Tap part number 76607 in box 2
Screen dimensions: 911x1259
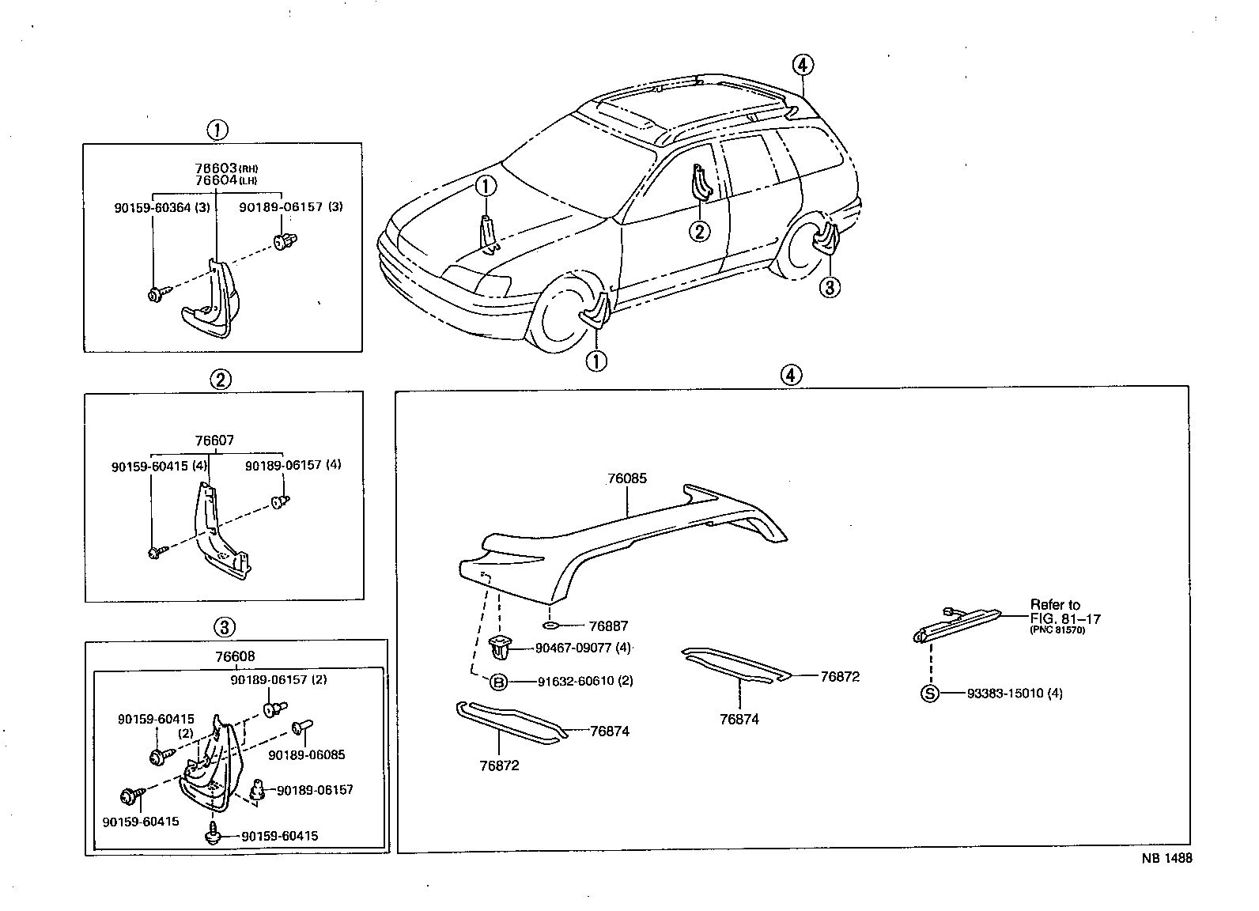point(214,440)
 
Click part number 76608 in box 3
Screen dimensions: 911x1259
point(235,656)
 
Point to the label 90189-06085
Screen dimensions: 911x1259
point(306,754)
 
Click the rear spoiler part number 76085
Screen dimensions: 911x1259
point(627,478)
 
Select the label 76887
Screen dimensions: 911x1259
point(609,626)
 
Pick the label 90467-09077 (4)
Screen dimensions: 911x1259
point(583,648)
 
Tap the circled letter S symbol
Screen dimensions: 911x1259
point(930,694)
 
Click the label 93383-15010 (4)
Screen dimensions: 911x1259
point(1015,694)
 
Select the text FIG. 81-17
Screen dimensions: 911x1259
point(1064,618)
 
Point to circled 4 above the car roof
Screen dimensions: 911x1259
point(802,66)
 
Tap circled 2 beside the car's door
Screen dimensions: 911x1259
point(699,231)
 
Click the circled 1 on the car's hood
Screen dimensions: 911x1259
point(486,187)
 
